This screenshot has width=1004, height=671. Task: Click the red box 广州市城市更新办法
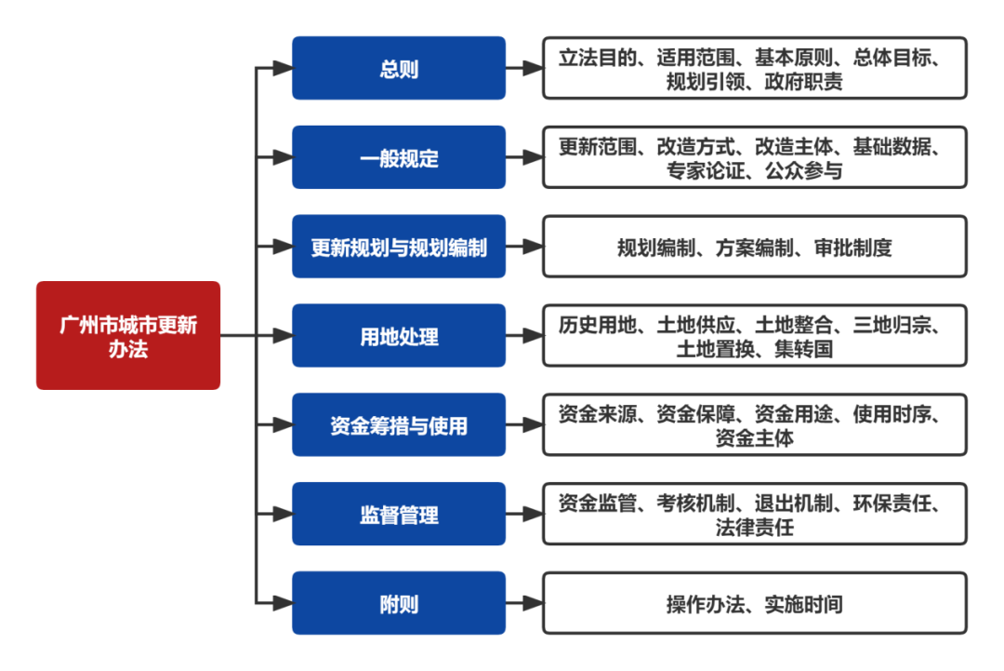[x=128, y=335]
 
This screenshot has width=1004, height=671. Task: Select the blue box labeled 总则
[x=399, y=68]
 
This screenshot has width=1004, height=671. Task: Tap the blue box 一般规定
[x=399, y=157]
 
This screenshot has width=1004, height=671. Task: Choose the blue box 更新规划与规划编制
[x=399, y=247]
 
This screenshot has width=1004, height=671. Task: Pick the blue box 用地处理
[x=399, y=336]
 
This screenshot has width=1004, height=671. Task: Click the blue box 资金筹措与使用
[x=399, y=425]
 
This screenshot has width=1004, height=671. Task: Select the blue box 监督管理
[x=399, y=515]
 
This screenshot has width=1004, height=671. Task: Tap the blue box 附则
[x=399, y=604]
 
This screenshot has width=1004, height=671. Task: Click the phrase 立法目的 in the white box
[x=598, y=58]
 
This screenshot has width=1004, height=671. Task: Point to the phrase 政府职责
[x=804, y=82]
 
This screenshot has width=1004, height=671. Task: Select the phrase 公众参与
[x=804, y=171]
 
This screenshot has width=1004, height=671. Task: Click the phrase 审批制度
[x=853, y=248]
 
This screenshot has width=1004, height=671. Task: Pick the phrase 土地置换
[x=716, y=350]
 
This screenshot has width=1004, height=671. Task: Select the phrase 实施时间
[x=804, y=605]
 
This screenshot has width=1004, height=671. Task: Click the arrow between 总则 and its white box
[x=525, y=68]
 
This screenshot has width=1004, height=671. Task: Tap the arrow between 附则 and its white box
[x=525, y=604]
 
